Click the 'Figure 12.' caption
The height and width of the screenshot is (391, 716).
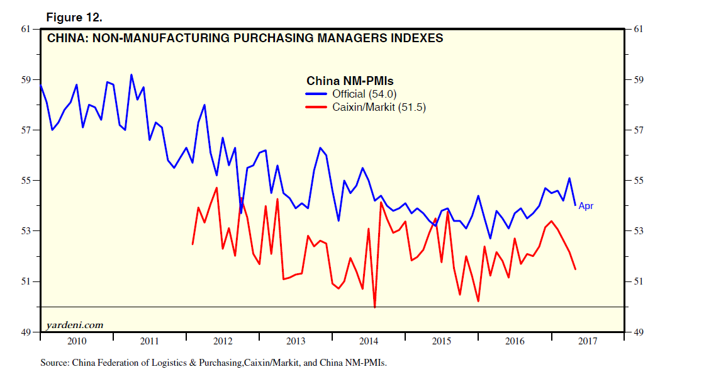pos(74,17)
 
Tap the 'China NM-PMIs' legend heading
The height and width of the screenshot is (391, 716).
pos(350,81)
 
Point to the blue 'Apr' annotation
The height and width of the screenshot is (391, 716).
pos(586,206)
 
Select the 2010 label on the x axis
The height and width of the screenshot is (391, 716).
pos(77,342)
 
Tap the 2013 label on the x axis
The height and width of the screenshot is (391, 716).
pos(296,342)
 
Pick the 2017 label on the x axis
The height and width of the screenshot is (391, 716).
pos(588,342)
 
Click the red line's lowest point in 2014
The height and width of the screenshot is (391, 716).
pos(375,307)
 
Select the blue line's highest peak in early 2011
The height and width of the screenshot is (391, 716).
pos(131,75)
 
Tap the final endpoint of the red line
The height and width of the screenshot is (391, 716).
pos(575,269)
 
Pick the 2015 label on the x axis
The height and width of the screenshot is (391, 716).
pos(442,342)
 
